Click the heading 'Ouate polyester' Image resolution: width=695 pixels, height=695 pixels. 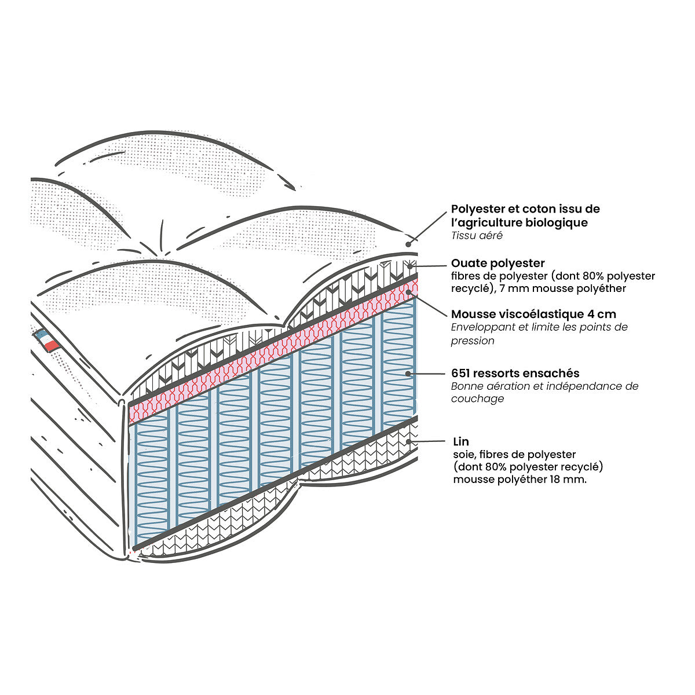[498, 264]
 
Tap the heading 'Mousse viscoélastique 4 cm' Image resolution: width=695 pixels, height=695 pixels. [533, 314]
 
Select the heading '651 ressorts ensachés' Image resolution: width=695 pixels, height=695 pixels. [515, 374]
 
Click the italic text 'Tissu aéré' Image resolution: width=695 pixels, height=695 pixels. [477, 236]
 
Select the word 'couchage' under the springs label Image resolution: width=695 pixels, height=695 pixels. [477, 398]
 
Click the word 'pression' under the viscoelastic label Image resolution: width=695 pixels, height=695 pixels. [473, 341]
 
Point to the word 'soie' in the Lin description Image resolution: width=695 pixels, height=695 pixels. [463, 455]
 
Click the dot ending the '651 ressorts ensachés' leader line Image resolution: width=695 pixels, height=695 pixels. [409, 374]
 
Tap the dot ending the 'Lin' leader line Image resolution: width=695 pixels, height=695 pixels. [409, 442]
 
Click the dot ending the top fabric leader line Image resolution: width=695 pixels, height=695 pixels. [409, 243]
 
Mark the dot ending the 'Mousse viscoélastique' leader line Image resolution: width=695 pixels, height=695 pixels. [409, 291]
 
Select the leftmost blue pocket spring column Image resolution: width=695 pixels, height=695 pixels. [152, 475]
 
